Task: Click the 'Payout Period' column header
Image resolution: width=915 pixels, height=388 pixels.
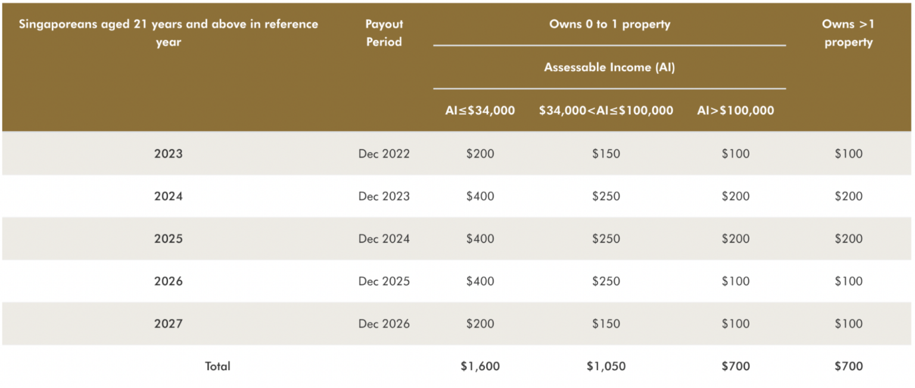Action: tap(384, 33)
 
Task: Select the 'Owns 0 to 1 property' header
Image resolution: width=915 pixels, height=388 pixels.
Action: tap(609, 25)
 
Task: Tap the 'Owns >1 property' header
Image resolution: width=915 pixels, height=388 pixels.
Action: tap(848, 33)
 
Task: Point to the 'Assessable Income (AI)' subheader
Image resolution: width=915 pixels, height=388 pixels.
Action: tap(609, 67)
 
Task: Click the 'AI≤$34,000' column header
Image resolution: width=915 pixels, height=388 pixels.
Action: tap(480, 110)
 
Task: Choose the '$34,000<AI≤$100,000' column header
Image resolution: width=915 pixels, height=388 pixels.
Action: tap(606, 110)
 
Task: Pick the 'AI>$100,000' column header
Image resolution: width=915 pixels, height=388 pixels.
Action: tap(736, 110)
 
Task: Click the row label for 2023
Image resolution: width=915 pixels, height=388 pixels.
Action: tap(169, 154)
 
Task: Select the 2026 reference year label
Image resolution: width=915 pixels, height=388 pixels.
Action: tap(169, 281)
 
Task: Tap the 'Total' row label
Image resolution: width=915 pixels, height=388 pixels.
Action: tap(217, 367)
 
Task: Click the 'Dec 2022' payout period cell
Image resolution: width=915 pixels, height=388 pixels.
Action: tap(384, 154)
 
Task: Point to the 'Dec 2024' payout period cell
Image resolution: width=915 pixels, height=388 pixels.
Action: tap(384, 239)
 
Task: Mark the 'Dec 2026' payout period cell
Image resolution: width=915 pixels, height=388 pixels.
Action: tap(384, 324)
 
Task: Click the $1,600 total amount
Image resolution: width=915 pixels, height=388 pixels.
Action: tap(480, 367)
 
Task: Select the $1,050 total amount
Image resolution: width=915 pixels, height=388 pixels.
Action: tap(606, 367)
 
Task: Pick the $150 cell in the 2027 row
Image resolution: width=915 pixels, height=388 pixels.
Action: tap(606, 324)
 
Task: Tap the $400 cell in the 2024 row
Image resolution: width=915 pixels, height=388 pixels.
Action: tap(480, 196)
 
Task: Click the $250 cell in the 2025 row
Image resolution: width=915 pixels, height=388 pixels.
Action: tap(606, 239)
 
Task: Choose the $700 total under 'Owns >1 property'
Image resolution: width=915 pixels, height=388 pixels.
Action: tap(848, 367)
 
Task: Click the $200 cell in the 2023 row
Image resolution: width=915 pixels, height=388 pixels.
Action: tap(480, 154)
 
